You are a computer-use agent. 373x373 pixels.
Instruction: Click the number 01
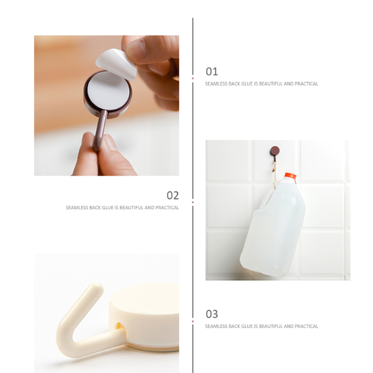(x=212, y=71)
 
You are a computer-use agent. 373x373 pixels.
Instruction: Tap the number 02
(x=173, y=195)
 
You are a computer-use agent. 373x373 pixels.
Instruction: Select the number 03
(x=212, y=314)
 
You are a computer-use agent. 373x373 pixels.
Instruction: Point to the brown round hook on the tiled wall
(x=275, y=151)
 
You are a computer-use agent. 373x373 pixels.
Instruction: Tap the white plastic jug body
(x=273, y=226)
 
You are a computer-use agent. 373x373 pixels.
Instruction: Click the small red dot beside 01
(x=193, y=78)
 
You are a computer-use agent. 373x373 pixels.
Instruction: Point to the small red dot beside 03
(x=193, y=321)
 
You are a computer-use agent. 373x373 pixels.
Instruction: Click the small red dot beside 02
(x=193, y=202)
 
